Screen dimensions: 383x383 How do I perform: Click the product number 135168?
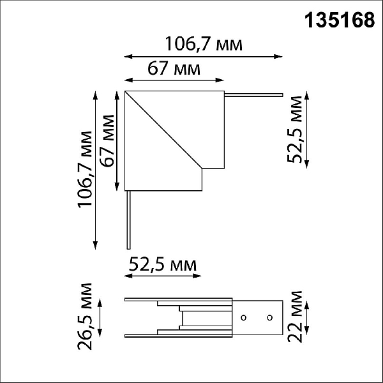[340, 20]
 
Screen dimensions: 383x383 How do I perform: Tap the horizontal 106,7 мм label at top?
[204, 44]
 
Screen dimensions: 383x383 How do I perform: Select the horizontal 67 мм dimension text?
[174, 68]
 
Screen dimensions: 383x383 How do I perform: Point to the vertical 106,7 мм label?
[85, 170]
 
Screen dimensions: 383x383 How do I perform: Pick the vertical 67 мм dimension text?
[107, 140]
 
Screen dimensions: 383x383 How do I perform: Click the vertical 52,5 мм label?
[295, 129]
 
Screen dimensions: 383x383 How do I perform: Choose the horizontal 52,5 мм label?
[163, 264]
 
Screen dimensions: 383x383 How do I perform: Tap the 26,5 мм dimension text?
[85, 317]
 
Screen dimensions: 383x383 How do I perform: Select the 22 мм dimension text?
[295, 317]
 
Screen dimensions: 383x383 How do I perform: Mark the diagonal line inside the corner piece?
[163, 130]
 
